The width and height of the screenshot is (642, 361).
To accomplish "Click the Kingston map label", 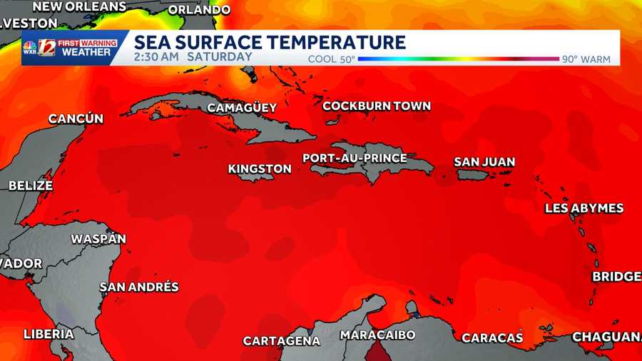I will coord(260,169).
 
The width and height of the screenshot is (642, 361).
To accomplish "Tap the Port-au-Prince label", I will coord(355,158).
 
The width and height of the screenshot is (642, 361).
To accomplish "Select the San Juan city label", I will coord(484,162).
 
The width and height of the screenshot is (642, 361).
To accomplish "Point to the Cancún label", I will coord(76,119).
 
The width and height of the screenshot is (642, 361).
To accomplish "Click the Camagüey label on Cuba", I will coord(242,108).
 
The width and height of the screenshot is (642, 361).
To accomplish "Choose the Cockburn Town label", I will coord(377,106).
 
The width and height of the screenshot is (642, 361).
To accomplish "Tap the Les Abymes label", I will coord(584,208).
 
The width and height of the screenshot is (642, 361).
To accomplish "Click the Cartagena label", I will coord(281,341).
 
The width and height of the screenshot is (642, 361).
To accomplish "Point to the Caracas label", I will coord(492,337).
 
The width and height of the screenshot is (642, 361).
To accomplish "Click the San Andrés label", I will coord(139,287).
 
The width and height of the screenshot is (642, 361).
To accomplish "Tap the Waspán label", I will coord(98,239).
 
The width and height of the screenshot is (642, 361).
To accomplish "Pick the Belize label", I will coord(31,185).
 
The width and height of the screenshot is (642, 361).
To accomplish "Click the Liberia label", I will coord(49,333).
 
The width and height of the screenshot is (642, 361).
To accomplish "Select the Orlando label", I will coord(200,10).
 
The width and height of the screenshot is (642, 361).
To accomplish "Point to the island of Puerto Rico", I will coord(472,174).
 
